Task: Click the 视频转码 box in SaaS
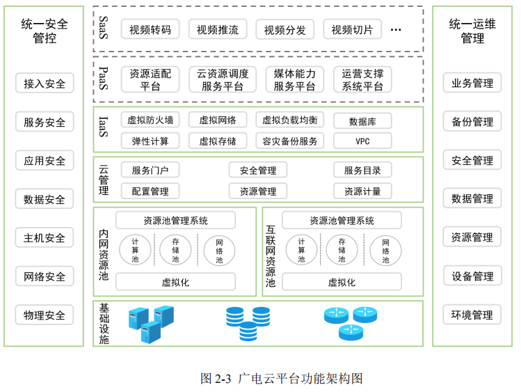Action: (x=150, y=29)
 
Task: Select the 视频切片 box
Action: (x=352, y=29)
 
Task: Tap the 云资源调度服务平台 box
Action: (x=223, y=79)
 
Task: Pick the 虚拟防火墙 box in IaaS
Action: (x=150, y=120)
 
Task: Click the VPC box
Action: (x=362, y=141)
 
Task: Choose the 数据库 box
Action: (x=362, y=120)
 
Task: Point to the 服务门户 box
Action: (x=150, y=170)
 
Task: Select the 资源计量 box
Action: (x=362, y=191)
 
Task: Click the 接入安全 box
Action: (x=45, y=84)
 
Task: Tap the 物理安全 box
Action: (x=45, y=315)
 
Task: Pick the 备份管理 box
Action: (x=472, y=122)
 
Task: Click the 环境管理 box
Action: (x=472, y=315)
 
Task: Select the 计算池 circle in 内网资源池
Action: (x=136, y=250)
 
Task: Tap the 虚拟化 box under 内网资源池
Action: (x=175, y=282)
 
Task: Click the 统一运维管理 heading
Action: (x=472, y=31)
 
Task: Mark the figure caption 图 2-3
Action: (x=281, y=379)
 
